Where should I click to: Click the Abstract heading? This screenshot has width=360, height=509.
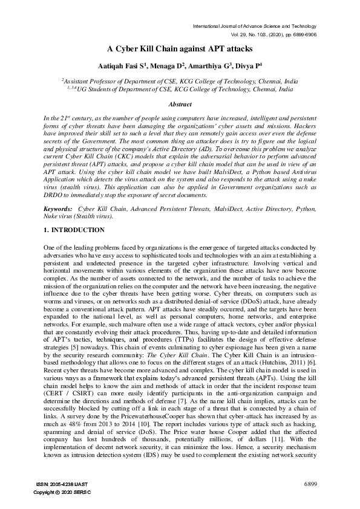coord(180,105)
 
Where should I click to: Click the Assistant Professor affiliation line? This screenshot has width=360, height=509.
coord(180,80)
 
